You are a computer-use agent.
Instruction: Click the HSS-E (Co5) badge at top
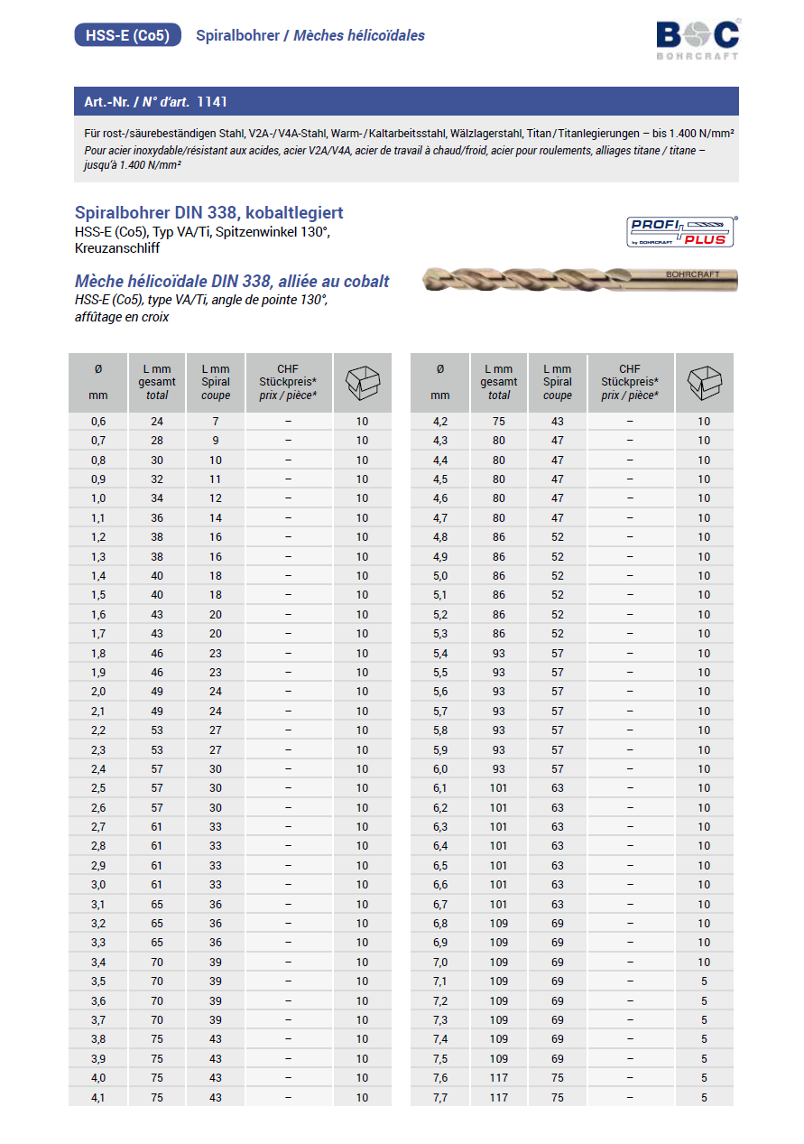127,35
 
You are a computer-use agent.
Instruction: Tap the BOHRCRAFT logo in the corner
698,38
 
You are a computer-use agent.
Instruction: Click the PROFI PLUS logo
683,232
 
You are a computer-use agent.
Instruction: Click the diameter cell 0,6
98,422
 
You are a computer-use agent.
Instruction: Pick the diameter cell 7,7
440,1097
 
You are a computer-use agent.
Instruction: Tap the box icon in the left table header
362,383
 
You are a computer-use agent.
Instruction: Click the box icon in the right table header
704,383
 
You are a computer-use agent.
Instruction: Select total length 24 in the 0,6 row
157,422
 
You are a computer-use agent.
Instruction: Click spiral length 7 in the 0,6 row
216,422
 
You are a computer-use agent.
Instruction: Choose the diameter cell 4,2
440,422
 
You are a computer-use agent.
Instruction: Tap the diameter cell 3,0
98,884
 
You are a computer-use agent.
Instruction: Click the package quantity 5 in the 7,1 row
704,981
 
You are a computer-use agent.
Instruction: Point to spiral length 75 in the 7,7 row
558,1097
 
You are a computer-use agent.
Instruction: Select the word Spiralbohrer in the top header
236,36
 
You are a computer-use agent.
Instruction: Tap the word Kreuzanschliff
117,248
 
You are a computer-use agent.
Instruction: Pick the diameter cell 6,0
440,768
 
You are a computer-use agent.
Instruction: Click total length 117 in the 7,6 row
499,1078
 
